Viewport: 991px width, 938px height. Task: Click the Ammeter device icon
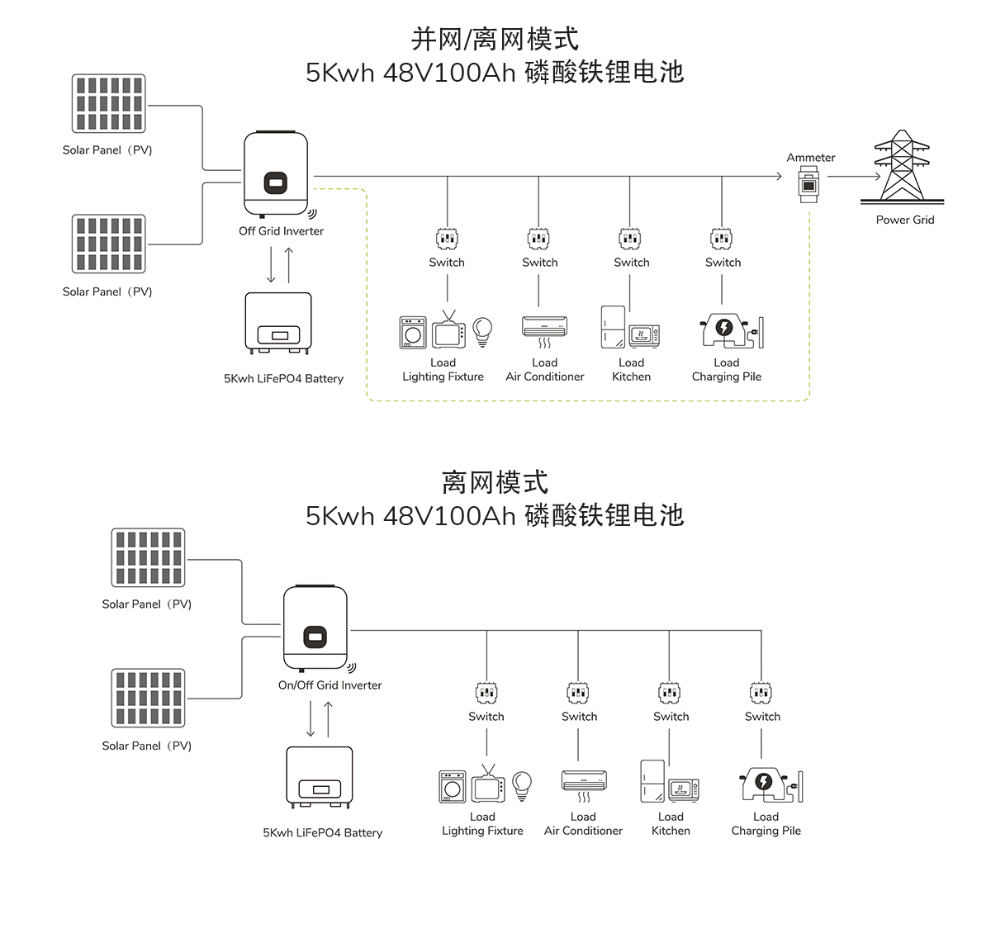(x=809, y=184)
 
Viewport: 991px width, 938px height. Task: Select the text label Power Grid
(x=905, y=220)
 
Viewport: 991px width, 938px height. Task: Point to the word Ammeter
(x=811, y=158)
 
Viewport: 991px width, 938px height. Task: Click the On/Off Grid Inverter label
(x=330, y=685)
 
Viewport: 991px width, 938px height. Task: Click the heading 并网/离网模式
(x=495, y=39)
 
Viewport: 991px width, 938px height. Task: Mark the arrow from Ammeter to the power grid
(x=854, y=176)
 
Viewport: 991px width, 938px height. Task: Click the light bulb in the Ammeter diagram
(x=482, y=331)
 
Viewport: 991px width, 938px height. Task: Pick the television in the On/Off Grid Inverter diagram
(x=487, y=786)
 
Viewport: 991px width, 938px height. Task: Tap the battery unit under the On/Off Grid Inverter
(x=320, y=777)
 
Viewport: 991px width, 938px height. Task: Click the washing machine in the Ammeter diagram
(x=413, y=333)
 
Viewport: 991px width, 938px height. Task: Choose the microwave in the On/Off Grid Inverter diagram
(x=684, y=790)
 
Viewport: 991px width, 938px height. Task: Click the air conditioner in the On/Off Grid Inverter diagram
(x=584, y=781)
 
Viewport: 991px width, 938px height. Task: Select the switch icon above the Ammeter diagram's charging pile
(x=722, y=239)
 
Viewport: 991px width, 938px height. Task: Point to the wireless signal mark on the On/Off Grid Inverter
(x=351, y=667)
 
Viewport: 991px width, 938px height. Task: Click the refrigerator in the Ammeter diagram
(x=613, y=327)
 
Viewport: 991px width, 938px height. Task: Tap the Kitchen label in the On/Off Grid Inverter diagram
(x=671, y=831)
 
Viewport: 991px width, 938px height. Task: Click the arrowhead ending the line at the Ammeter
(x=778, y=176)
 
